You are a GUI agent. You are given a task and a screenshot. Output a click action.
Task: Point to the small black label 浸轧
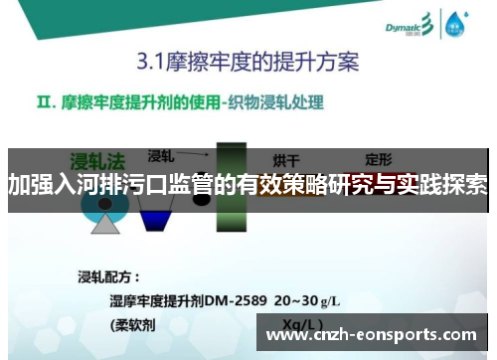click(x=161, y=156)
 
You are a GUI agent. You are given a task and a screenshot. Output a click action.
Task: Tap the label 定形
click(x=379, y=158)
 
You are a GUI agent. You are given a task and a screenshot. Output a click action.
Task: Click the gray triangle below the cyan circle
click(x=105, y=223)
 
